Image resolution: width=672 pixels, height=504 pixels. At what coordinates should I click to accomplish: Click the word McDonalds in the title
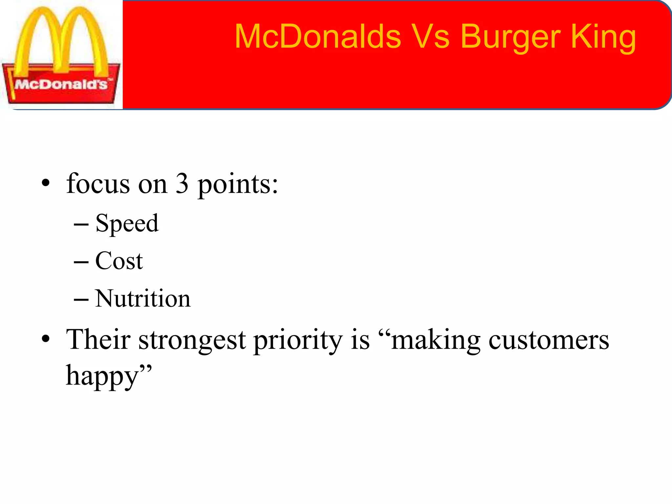pos(318,37)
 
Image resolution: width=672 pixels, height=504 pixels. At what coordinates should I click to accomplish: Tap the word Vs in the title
pos(430,37)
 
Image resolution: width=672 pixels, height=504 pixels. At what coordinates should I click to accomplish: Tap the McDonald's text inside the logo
pos(61,85)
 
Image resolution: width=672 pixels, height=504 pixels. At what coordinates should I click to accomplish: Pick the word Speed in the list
pos(127,223)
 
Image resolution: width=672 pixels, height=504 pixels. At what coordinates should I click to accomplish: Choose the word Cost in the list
pos(119,261)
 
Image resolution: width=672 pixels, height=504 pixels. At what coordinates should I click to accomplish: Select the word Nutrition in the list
pos(142,299)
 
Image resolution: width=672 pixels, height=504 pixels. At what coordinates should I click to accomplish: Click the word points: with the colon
pos(238,185)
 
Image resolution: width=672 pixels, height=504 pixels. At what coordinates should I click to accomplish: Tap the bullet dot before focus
pos(46,183)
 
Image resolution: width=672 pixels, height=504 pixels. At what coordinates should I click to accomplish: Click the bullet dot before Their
pos(46,339)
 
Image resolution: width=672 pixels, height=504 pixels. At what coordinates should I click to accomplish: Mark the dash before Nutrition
pos(81,299)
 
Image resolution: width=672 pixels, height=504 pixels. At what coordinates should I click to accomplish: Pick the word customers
pos(548,340)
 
